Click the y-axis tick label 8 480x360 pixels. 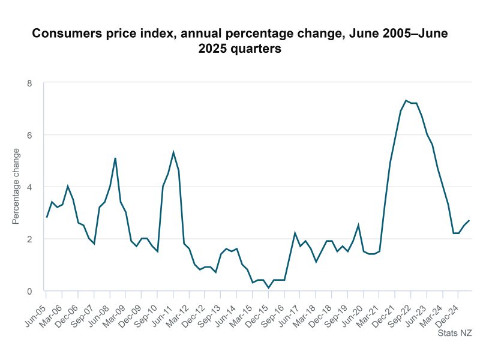click(x=29, y=83)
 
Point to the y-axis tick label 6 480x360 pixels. click(x=29, y=135)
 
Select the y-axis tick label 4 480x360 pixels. click(x=29, y=187)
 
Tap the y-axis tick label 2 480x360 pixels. click(x=29, y=239)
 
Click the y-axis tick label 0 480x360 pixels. click(x=29, y=291)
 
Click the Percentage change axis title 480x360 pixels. click(x=16, y=187)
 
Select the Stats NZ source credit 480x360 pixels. click(x=454, y=332)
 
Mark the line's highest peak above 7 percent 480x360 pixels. click(x=406, y=100)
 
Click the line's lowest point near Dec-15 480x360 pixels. click(x=269, y=288)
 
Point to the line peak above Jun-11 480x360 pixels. click(x=173, y=152)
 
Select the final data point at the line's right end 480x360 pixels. click(x=469, y=220)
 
